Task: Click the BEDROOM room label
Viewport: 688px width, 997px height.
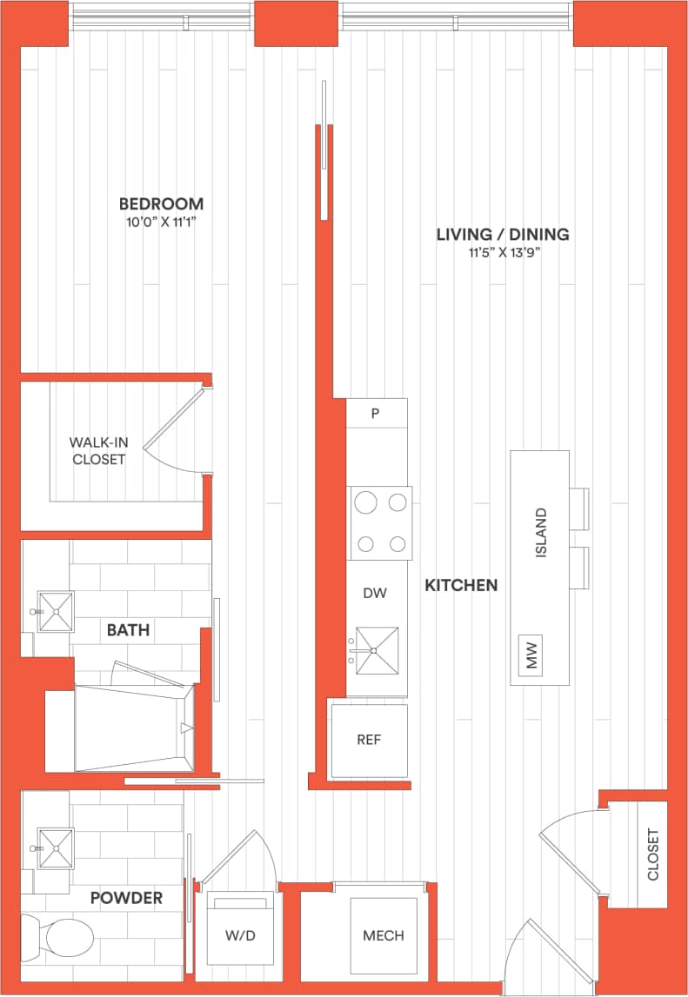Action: pyautogui.click(x=161, y=204)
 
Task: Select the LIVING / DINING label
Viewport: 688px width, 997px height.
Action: pyautogui.click(x=503, y=234)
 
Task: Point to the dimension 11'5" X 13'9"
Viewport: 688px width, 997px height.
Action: pyautogui.click(x=503, y=253)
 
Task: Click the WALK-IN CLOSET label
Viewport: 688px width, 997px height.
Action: pyautogui.click(x=98, y=450)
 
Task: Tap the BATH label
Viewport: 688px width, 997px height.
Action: pyautogui.click(x=128, y=630)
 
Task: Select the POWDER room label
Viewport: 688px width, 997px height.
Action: pyautogui.click(x=126, y=898)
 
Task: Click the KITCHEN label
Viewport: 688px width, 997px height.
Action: pyautogui.click(x=461, y=585)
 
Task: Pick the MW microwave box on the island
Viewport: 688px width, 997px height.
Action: pyautogui.click(x=530, y=655)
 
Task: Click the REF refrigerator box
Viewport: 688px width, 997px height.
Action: pyautogui.click(x=369, y=741)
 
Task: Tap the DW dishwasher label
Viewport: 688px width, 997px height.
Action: pyautogui.click(x=375, y=593)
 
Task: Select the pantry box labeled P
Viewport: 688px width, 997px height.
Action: pyautogui.click(x=376, y=414)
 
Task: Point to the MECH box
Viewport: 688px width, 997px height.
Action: pyautogui.click(x=383, y=935)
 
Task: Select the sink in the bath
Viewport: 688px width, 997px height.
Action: pyautogui.click(x=56, y=612)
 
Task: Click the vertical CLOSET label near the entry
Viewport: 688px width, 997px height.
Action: pyautogui.click(x=652, y=854)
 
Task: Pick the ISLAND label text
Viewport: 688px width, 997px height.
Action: pyautogui.click(x=541, y=533)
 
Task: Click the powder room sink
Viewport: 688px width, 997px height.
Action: pyautogui.click(x=55, y=847)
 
